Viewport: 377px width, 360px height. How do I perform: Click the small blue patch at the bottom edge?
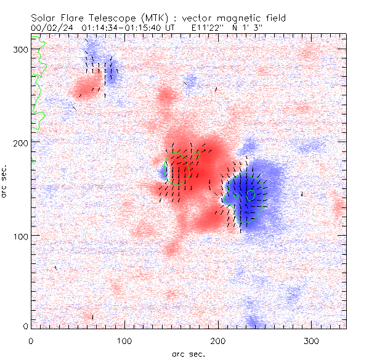[x=254, y=322]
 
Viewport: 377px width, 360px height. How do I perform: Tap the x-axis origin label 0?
[x=31, y=340]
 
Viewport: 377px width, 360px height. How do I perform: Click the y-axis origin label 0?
[x=25, y=326]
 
